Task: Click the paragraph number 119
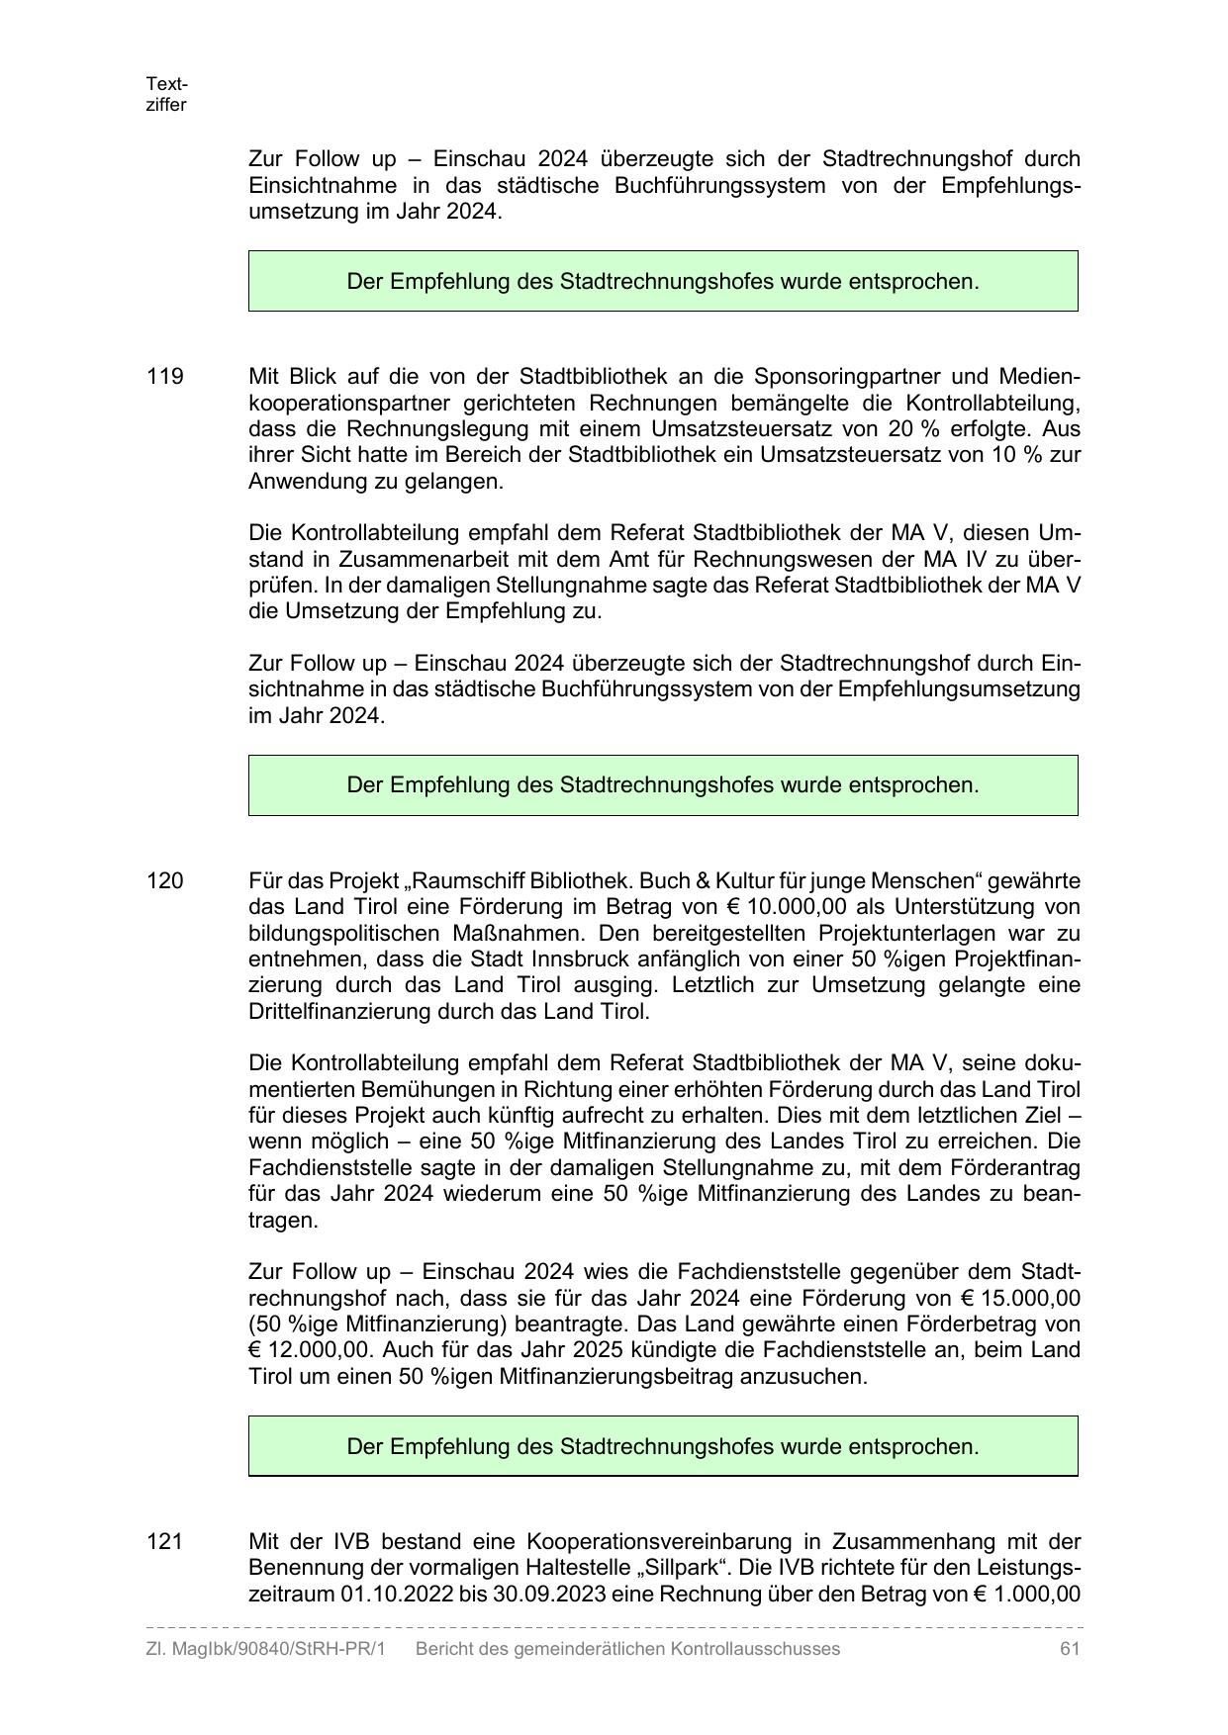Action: [x=165, y=377]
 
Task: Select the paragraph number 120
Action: [x=165, y=880]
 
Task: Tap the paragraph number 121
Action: [x=165, y=1541]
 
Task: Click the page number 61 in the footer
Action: [x=1069, y=1649]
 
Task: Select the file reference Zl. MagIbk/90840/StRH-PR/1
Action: [x=265, y=1649]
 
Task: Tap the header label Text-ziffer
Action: [x=166, y=94]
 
